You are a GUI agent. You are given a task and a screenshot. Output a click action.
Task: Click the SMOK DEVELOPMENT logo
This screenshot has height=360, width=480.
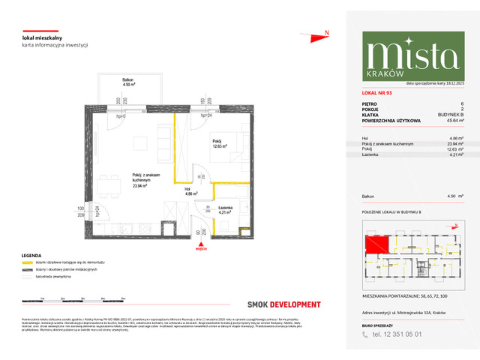[x=283, y=304]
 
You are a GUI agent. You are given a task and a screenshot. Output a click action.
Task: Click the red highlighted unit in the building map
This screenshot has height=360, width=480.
[x=375, y=244]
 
